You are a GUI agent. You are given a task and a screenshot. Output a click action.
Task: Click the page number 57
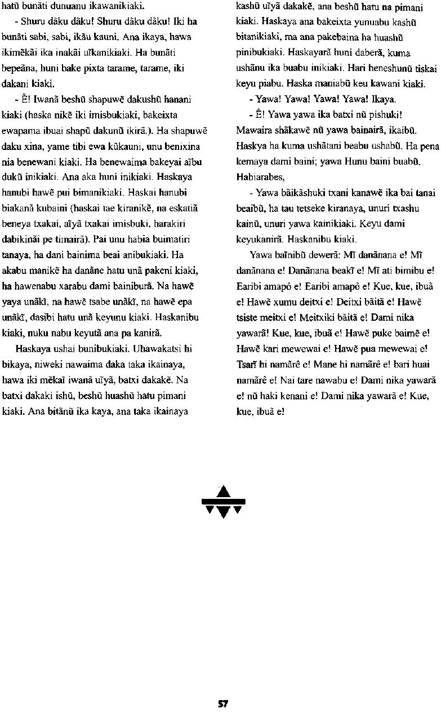tap(223, 703)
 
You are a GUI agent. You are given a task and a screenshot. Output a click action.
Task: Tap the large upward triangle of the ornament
tap(224, 492)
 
